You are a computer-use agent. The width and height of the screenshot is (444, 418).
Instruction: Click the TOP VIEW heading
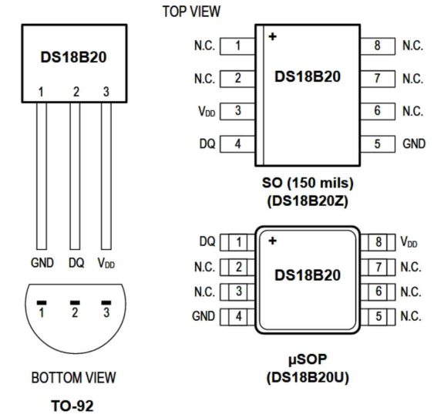pyautogui.click(x=192, y=12)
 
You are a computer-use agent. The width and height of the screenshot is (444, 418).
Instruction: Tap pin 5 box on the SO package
pyautogui.click(x=378, y=143)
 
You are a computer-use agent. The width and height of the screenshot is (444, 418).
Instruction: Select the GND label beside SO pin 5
pyautogui.click(x=412, y=143)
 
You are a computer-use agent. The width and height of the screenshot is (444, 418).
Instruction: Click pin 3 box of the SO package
pyautogui.click(x=238, y=111)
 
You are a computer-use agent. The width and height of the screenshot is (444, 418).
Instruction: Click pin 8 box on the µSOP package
pyautogui.click(x=378, y=242)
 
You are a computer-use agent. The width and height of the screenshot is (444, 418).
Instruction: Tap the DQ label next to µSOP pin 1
pyautogui.click(x=207, y=242)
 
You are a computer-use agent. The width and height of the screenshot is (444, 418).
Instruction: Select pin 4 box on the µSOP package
pyautogui.click(x=238, y=316)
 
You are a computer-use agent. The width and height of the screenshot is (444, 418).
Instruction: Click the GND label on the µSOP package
pyautogui.click(x=203, y=316)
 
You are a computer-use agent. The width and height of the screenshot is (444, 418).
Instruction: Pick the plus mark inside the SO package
pyautogui.click(x=272, y=35)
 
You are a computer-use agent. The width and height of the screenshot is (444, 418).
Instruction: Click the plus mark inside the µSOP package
pyautogui.click(x=272, y=241)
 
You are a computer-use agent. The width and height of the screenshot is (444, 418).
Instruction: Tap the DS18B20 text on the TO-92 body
pyautogui.click(x=73, y=58)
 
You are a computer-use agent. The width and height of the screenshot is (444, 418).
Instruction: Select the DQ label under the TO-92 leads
pyautogui.click(x=76, y=263)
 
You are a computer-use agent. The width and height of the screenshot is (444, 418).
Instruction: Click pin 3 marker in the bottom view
pyautogui.click(x=106, y=302)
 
